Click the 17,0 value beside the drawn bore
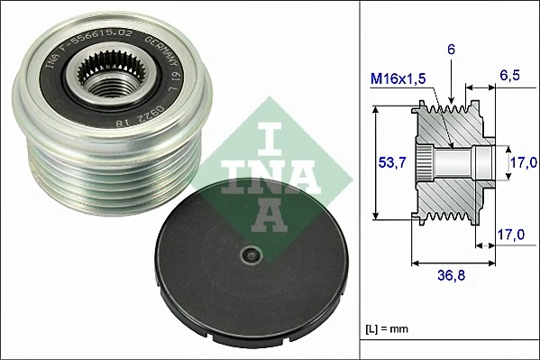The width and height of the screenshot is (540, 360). click(x=517, y=162)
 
